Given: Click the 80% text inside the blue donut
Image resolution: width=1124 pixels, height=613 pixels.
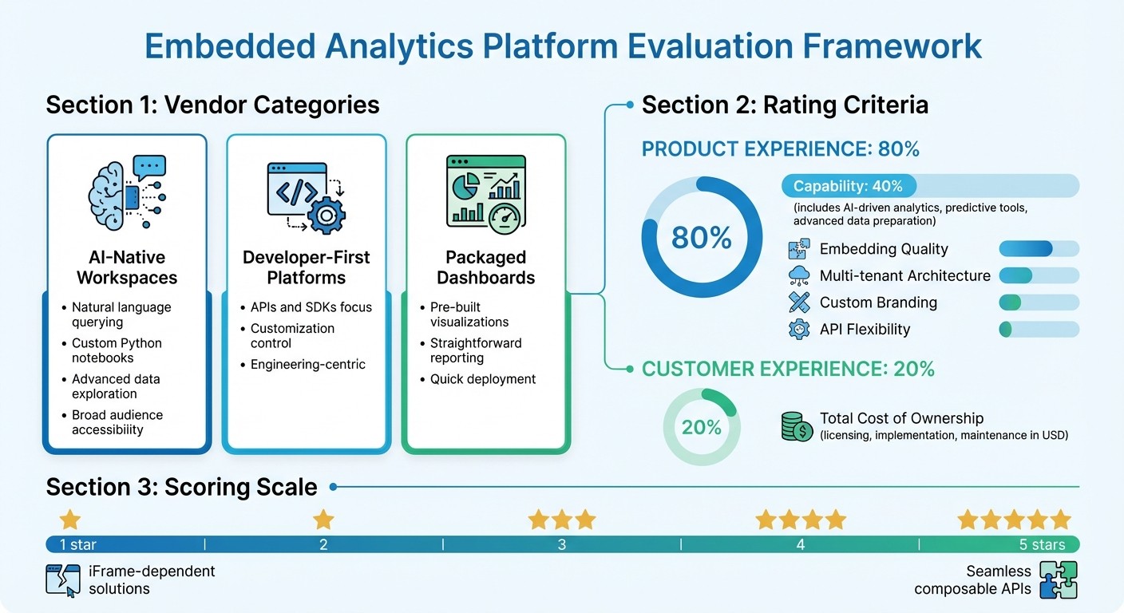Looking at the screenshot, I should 702,237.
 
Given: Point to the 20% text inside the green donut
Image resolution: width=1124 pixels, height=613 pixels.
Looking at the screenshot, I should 702,427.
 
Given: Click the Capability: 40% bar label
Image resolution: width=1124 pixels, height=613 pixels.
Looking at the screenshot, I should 848,186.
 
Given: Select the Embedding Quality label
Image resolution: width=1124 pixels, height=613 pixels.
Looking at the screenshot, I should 884,249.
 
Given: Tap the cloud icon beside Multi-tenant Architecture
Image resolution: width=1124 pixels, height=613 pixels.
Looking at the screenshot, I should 799,276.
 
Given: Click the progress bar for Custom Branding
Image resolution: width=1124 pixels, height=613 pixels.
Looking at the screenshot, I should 1039,303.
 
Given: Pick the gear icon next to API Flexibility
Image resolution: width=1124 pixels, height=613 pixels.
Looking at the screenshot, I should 799,330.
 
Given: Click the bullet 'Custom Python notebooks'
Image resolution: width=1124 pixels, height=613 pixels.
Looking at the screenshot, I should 117,350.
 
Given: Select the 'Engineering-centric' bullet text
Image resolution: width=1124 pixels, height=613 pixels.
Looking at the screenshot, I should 308,364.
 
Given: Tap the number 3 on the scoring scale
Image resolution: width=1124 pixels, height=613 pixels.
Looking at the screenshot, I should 562,545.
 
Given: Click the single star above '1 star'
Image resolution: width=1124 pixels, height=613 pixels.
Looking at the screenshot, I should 70,520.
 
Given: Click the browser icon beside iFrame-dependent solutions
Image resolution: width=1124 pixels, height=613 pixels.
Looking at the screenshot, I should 63,580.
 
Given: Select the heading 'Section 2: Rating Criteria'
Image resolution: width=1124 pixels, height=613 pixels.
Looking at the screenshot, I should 785,105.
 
